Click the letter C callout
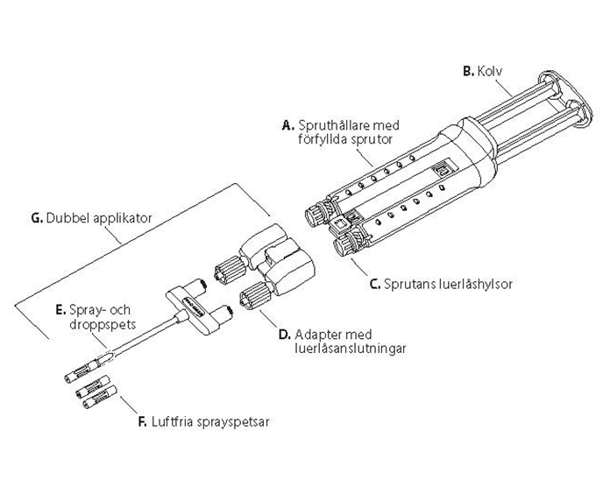(x=373, y=284)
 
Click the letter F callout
(x=142, y=421)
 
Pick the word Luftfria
(x=171, y=421)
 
